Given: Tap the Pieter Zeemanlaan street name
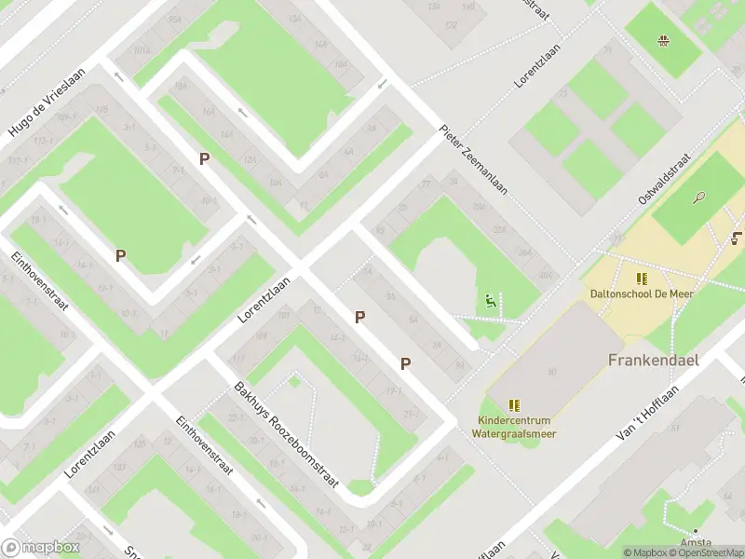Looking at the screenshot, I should point(474,159).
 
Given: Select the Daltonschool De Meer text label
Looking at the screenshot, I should point(642,293).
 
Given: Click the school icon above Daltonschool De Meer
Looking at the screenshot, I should point(642,279).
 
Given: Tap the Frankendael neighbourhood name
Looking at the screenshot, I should point(653,360).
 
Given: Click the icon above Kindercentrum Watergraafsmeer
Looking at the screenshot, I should point(514,405).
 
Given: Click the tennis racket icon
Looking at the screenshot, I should point(699,198).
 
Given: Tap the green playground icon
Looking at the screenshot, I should point(490,302).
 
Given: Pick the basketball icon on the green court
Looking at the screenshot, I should point(663,40).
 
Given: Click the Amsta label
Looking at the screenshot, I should point(696,543).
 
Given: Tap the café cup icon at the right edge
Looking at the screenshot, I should point(738,238).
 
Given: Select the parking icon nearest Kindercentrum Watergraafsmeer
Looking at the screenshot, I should point(405,363).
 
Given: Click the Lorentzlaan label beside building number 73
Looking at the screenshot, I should point(539,64).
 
